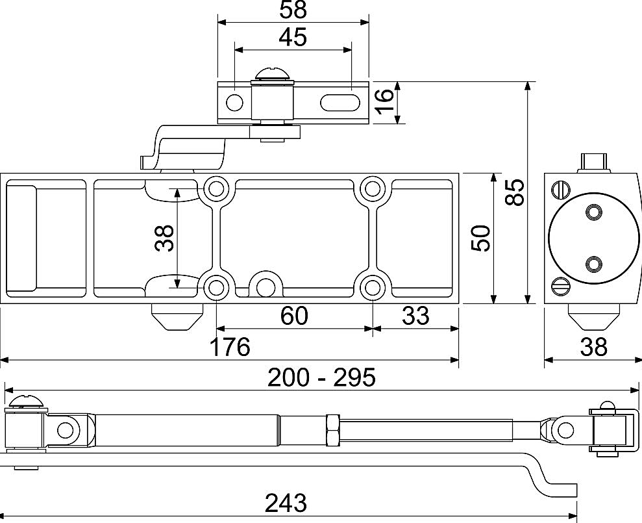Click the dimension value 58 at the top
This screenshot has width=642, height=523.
pos(293,10)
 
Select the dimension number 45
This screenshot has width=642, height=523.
pos(293,37)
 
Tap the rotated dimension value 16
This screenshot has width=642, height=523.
pos(384,101)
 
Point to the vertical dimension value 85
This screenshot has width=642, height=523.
pos(514,192)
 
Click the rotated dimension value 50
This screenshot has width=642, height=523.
pos(480,238)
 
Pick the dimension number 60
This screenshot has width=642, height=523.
pos(294,305)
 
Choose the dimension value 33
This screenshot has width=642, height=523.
pos(415,305)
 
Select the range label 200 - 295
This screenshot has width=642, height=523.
pos(321,377)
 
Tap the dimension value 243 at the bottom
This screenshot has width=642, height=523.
pos(286,503)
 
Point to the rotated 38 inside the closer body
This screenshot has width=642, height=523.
pos(165,238)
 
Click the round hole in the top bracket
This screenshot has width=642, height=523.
pos(234,103)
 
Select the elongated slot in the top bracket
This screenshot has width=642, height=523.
pos(340,103)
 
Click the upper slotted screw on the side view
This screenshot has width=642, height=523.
pos(561,190)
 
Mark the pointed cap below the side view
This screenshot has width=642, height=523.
pos(593,316)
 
